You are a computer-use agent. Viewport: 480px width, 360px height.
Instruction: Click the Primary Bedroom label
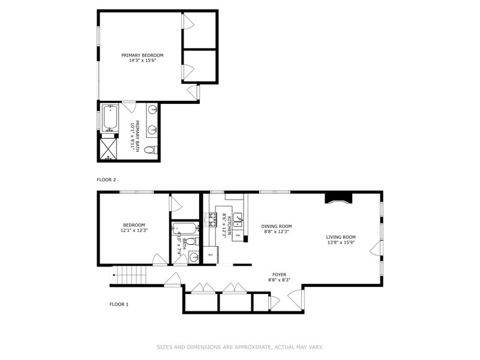[x=142, y=55]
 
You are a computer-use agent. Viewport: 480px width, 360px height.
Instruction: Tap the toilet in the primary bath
[x=151, y=150]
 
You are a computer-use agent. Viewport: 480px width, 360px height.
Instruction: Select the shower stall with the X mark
[x=109, y=149]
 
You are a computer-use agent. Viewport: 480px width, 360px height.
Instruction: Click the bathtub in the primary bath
[x=110, y=118]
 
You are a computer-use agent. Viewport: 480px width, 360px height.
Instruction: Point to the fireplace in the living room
[x=338, y=198]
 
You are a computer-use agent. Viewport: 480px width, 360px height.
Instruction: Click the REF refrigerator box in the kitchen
[x=211, y=254]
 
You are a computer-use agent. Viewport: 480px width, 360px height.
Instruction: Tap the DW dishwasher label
[x=238, y=235]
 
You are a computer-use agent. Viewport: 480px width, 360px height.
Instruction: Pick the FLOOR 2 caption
[x=106, y=179]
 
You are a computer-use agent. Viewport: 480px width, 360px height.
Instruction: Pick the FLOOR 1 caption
[x=119, y=304]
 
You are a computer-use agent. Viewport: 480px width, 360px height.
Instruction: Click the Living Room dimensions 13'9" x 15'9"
[x=341, y=242]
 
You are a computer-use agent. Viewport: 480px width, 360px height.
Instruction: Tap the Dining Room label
[x=277, y=227]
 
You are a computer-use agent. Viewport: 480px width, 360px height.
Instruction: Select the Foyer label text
[x=280, y=275]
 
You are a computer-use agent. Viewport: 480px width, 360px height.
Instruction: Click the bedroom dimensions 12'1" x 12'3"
[x=134, y=230]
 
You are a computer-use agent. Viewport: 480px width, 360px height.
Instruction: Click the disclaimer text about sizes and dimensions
[x=240, y=347]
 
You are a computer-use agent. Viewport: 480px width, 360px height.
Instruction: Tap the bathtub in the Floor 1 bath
[x=185, y=229]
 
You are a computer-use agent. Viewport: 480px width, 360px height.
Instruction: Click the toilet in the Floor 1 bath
[x=192, y=242]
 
